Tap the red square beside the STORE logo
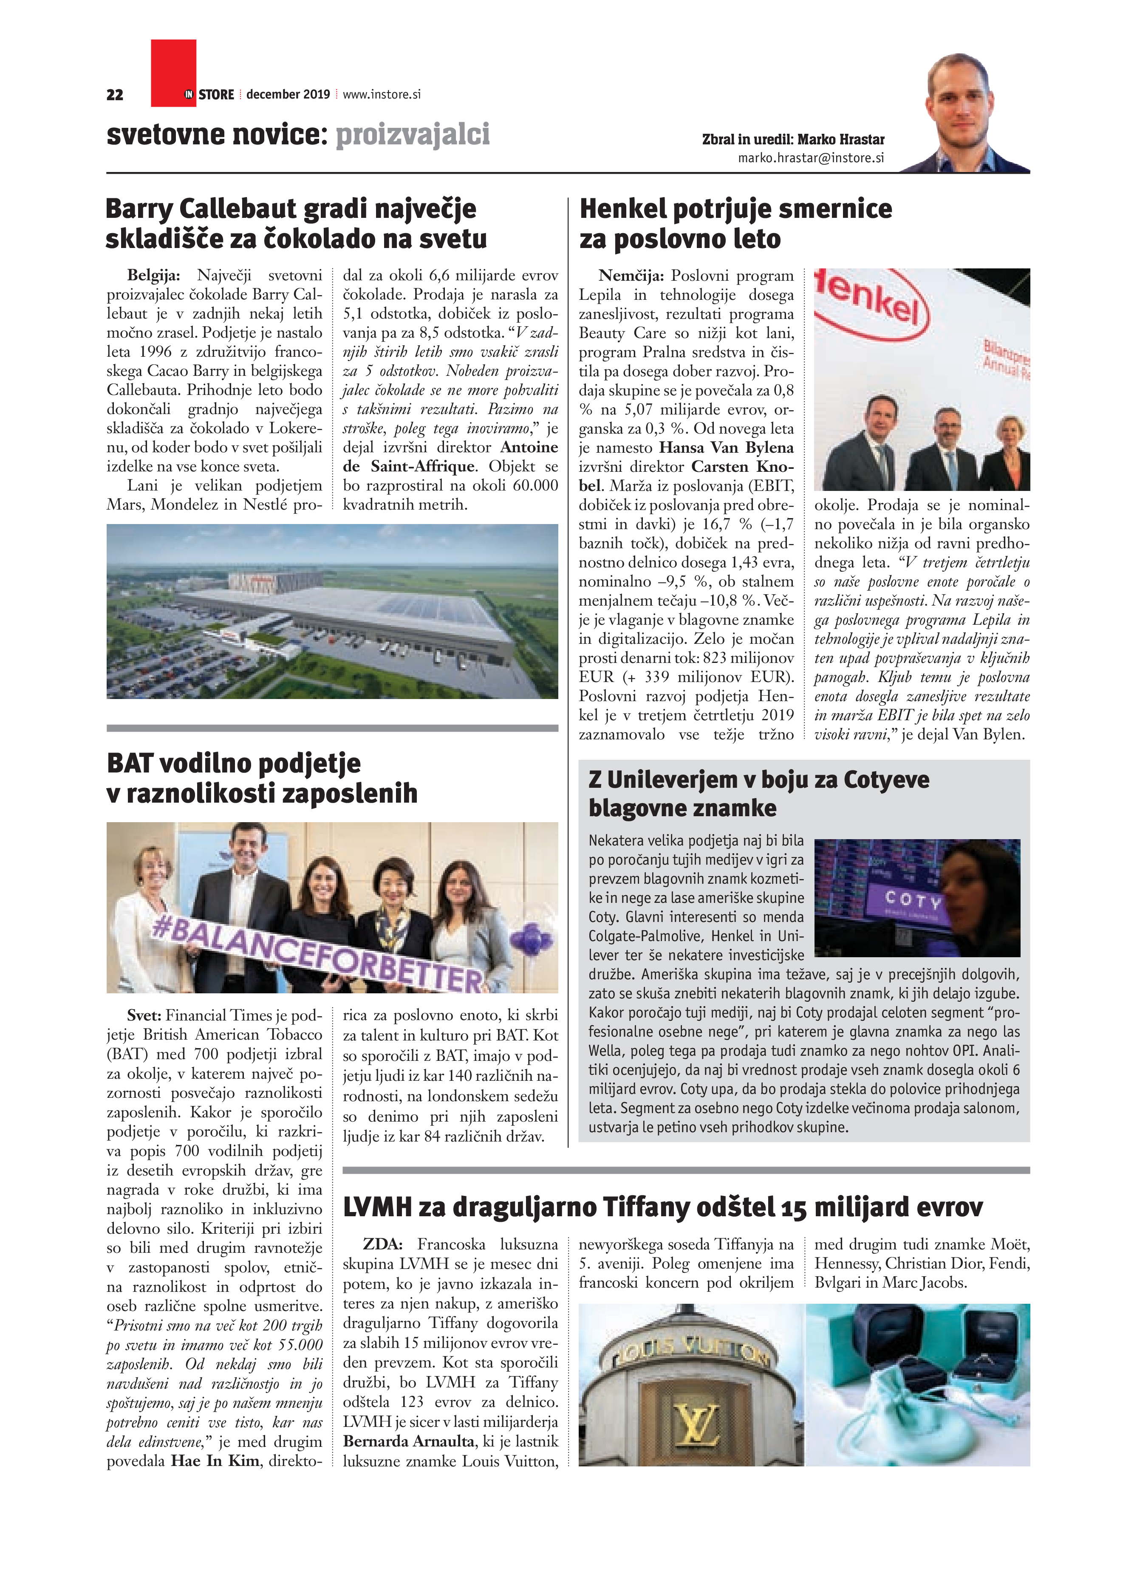coord(173,73)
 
